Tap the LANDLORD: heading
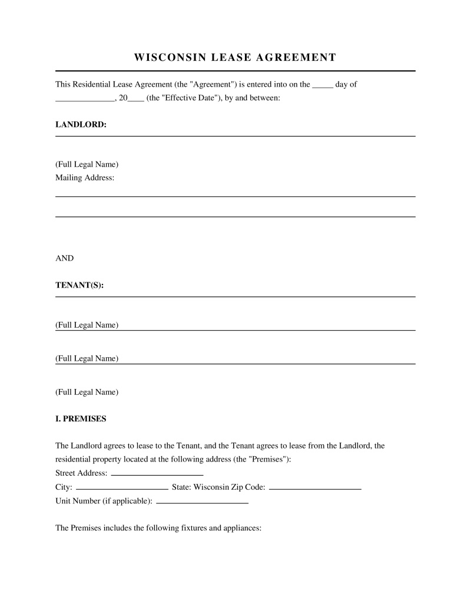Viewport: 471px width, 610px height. pyautogui.click(x=81, y=125)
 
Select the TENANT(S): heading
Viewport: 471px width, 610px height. pyautogui.click(x=79, y=285)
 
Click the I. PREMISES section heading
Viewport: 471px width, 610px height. pyautogui.click(x=81, y=419)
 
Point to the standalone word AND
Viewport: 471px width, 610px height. pyautogui.click(x=64, y=258)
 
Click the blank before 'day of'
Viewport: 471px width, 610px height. pyautogui.click(x=322, y=85)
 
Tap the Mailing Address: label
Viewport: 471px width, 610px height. pyautogui.click(x=85, y=177)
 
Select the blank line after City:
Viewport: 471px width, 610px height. pyautogui.click(x=122, y=488)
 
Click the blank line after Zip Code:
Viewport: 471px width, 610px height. pyautogui.click(x=315, y=488)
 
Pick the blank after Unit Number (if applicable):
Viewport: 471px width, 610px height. pyautogui.click(x=203, y=502)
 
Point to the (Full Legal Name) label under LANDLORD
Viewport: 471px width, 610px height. pyautogui.click(x=87, y=164)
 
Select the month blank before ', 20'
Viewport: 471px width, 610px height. pyautogui.click(x=84, y=99)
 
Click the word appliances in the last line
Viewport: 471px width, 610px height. pyautogui.click(x=240, y=528)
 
